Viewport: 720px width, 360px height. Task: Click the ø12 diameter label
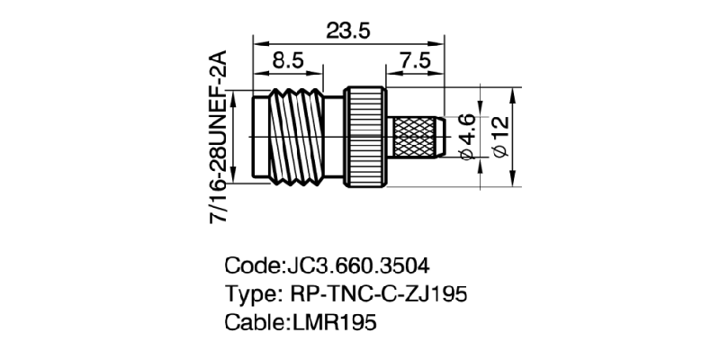coord(501,137)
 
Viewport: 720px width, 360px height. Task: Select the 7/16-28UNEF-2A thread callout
coord(217,137)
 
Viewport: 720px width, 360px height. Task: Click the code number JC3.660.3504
coord(356,266)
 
